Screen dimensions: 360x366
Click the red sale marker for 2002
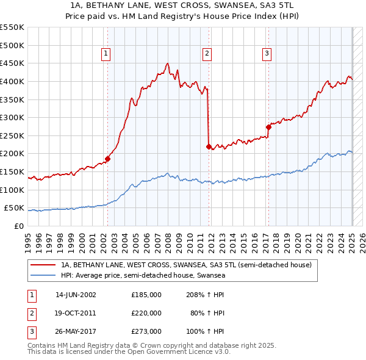pyautogui.click(x=107, y=159)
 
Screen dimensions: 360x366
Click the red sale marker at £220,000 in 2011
pyautogui.click(x=209, y=146)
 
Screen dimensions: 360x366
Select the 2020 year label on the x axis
pyautogui.click(x=298, y=239)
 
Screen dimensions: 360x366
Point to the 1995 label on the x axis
pyautogui.click(x=28, y=239)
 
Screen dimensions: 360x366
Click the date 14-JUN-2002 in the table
pyautogui.click(x=76, y=295)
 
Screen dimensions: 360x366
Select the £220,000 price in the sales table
pyautogui.click(x=146, y=313)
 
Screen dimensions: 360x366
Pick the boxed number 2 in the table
pyautogui.click(x=31, y=313)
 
